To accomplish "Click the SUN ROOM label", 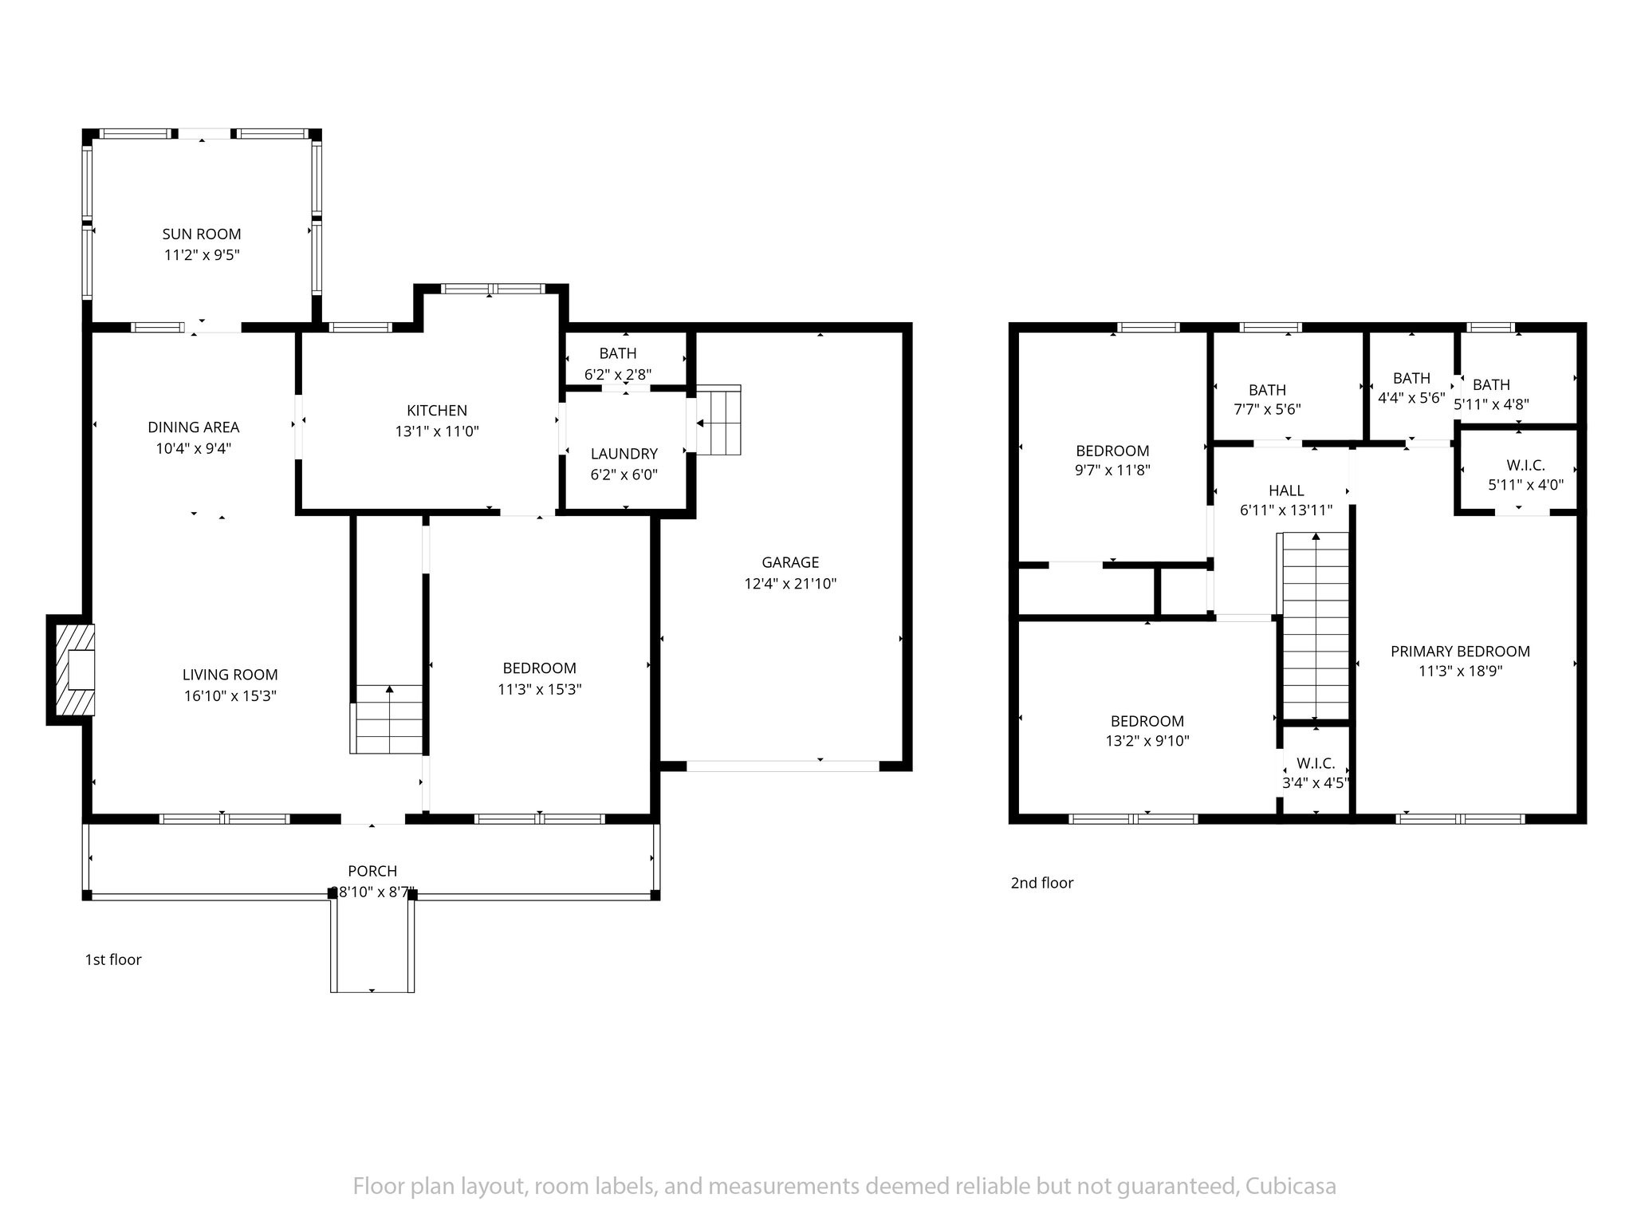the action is pos(202,234).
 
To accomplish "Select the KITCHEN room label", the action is pos(437,410).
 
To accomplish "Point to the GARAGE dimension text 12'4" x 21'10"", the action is pos(790,583).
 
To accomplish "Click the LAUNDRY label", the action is pos(624,453).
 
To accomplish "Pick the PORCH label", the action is pos(372,871).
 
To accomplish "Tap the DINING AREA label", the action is pos(194,427).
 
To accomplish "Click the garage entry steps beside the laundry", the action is pos(718,420).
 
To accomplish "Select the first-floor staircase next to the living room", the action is pos(386,719).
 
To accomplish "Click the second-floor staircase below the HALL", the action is pos(1313,627).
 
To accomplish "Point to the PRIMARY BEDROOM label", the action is pos(1460,651).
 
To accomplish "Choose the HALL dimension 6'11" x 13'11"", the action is pos(1286,510).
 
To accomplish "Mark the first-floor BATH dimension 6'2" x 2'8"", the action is pos(618,373).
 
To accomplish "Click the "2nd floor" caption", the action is pos(1042,882).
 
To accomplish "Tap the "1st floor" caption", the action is pos(113,959).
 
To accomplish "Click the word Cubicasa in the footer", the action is pos(1289,1186).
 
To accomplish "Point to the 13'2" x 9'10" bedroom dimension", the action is pos(1147,740).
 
